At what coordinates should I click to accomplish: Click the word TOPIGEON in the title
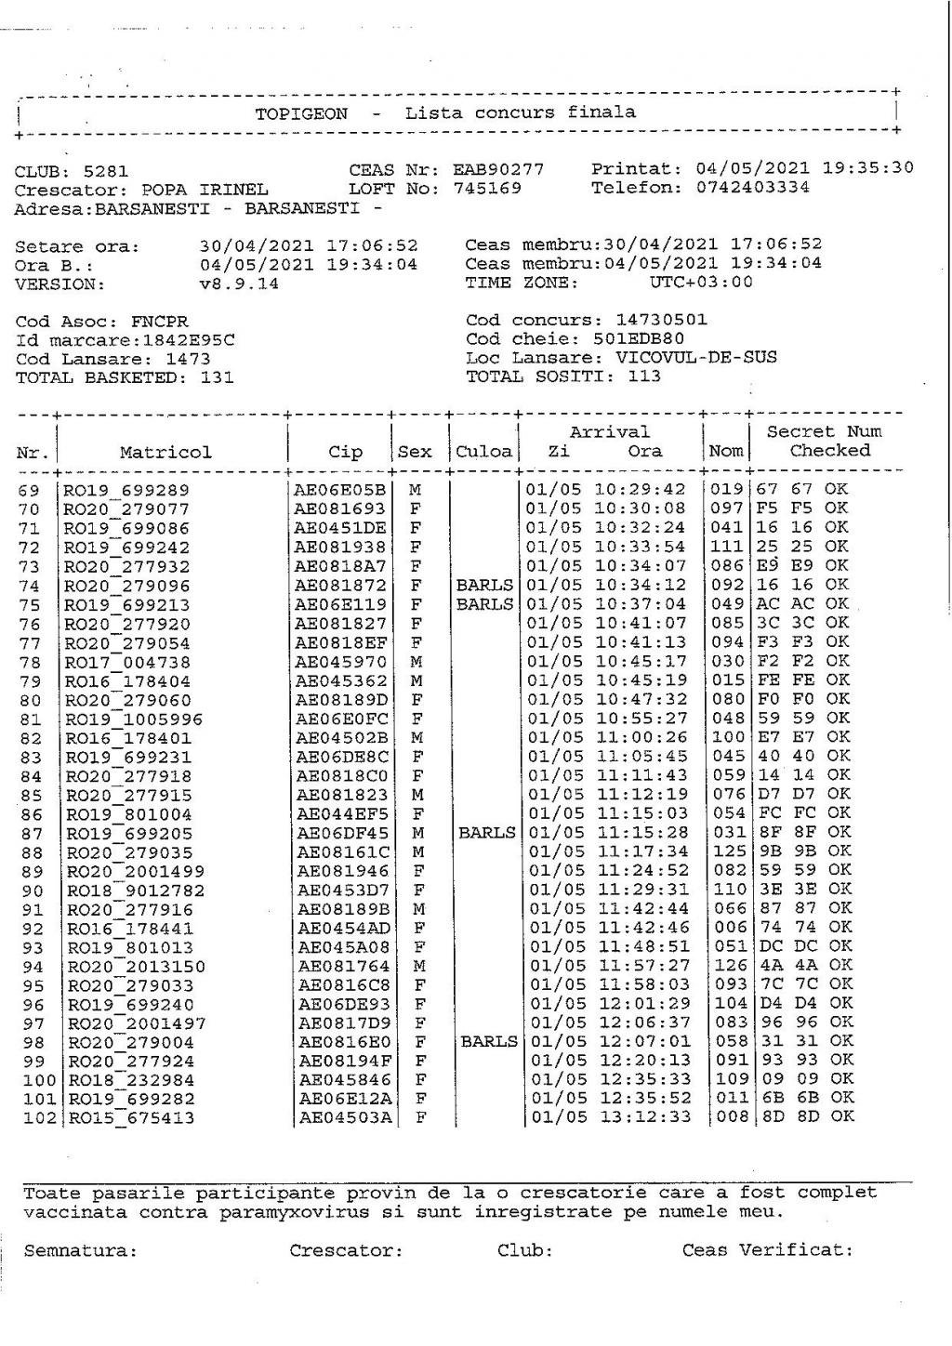[x=301, y=114]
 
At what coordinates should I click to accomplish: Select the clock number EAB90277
[x=497, y=170]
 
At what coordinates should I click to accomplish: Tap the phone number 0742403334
[x=752, y=188]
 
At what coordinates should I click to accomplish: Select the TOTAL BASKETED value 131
[x=217, y=377]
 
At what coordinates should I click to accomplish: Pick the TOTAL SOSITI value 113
[x=643, y=376]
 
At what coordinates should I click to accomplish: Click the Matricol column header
[x=165, y=453]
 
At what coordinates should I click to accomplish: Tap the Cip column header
[x=345, y=453]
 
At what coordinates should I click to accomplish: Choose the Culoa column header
[x=483, y=453]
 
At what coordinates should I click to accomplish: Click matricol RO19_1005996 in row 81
[x=133, y=719]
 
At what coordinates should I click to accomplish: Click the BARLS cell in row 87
[x=486, y=833]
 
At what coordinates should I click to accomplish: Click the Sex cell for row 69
[x=416, y=490]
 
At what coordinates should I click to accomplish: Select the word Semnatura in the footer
[x=80, y=1251]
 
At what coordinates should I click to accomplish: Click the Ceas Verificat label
[x=767, y=1250]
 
